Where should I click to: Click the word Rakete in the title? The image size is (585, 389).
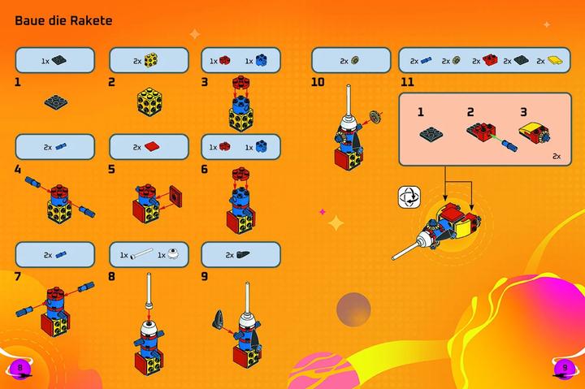pos(91,20)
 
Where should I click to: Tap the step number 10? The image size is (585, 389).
pos(318,82)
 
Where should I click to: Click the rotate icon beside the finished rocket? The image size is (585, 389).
pos(409,197)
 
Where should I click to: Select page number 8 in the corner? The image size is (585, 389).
pos(19,368)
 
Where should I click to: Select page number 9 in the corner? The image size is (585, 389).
pos(565,368)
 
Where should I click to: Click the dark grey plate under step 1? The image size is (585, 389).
pos(56,102)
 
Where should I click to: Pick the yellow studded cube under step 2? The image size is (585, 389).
pos(149,102)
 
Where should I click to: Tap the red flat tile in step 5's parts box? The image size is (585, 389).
pos(151,146)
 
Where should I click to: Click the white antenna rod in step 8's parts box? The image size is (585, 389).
pos(141,254)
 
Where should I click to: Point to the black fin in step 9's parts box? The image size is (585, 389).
pos(243,254)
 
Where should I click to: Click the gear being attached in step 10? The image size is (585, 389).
pos(375,117)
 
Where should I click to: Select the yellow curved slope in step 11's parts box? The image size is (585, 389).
pos(555,60)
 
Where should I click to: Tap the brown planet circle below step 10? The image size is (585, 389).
pos(353,309)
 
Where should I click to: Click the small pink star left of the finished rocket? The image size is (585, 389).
pos(323,212)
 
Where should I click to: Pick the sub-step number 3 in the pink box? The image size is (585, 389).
pos(523,112)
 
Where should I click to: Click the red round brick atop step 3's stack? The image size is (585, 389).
pos(241,83)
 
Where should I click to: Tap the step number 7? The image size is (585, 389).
pos(18,277)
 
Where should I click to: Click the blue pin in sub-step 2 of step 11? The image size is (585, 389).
pos(509,145)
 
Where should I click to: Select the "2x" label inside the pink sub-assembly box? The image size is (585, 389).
pos(557,156)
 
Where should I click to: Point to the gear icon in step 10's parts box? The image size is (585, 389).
pos(355,60)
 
